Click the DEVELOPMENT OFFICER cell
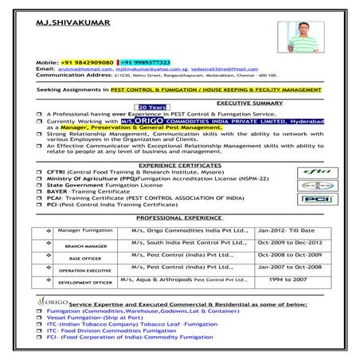tap(80, 283)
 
